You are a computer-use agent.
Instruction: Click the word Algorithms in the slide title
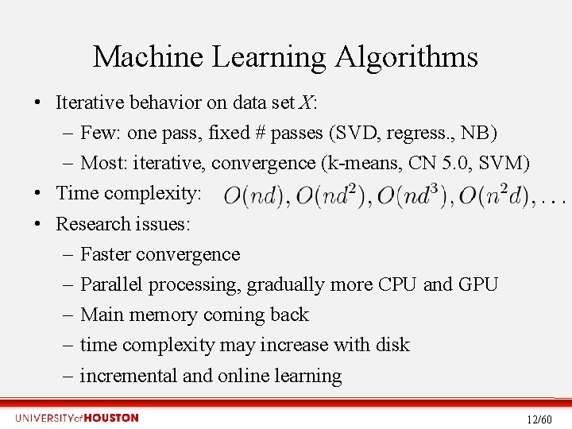click(x=406, y=57)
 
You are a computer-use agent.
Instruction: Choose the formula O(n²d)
click(x=495, y=194)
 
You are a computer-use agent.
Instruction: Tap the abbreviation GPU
click(x=478, y=284)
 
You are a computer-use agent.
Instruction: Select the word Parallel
click(x=111, y=284)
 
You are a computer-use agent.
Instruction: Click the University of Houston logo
click(x=76, y=418)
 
